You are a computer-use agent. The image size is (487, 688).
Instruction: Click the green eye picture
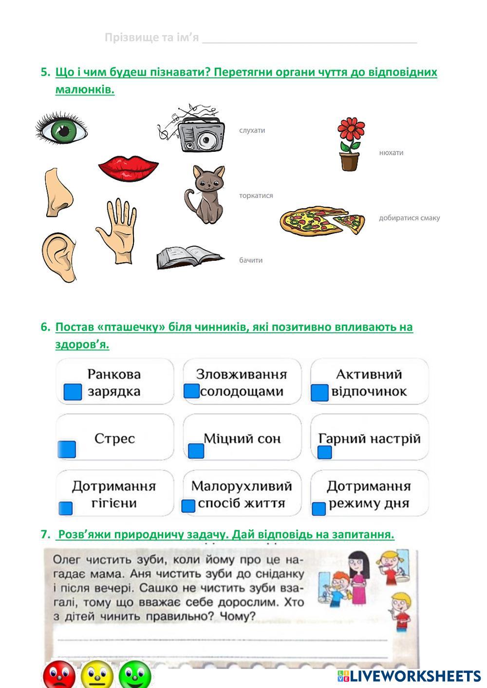pos(61,128)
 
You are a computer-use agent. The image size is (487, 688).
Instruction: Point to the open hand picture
pos(116,230)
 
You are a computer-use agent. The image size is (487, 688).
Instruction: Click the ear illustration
pos(59,256)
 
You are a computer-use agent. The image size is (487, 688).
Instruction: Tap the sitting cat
pos(205,194)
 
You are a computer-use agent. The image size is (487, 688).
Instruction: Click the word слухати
pos(252,130)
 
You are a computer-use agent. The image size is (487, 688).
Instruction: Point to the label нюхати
pos(391,153)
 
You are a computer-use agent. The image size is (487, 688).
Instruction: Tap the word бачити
pos(251,260)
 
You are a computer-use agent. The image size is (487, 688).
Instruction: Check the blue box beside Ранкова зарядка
pos(73,392)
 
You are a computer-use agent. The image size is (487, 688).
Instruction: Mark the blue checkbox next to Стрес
pos(67,449)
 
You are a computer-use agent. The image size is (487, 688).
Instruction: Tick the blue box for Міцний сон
pos(196,451)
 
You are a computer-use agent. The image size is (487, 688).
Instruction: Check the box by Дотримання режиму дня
pos(318,509)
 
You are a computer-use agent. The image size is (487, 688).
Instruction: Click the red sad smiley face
pos(59,675)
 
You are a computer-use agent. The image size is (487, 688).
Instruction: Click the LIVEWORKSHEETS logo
pos(409,676)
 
